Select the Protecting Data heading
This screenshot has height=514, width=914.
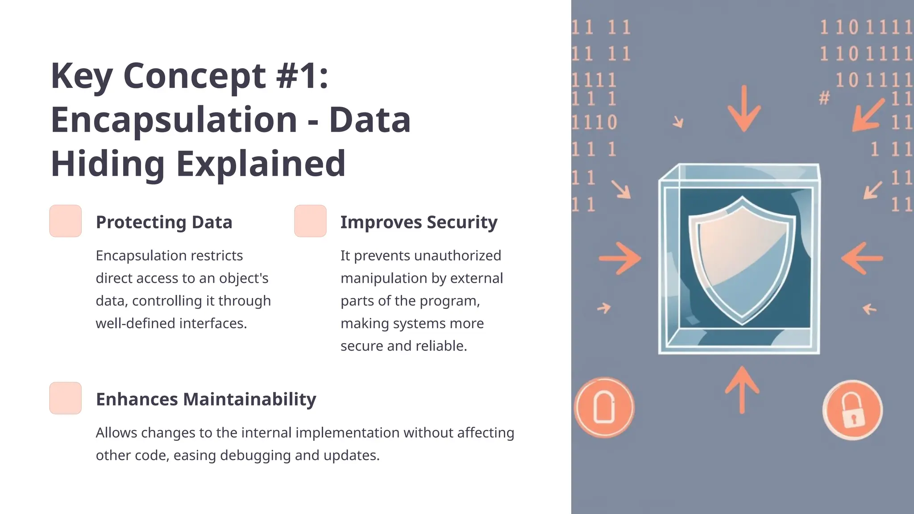click(x=164, y=222)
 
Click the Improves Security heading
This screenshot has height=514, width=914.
click(x=419, y=222)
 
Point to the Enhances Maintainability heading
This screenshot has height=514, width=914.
click(x=206, y=399)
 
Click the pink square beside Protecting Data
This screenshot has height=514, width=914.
click(x=66, y=221)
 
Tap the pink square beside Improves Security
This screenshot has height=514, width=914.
click(x=310, y=221)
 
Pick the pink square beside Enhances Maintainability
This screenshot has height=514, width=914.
click(x=66, y=398)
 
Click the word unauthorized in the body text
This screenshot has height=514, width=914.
click(x=457, y=256)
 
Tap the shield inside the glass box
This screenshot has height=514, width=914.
click(x=742, y=259)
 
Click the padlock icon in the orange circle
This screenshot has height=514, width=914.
click(x=852, y=410)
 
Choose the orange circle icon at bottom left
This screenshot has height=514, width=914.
click(x=604, y=407)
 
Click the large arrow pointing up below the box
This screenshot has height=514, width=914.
click(x=742, y=390)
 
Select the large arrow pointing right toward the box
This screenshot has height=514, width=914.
click(x=619, y=258)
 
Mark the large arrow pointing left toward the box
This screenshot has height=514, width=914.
click(x=862, y=258)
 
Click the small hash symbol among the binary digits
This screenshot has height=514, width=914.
click(x=824, y=98)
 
